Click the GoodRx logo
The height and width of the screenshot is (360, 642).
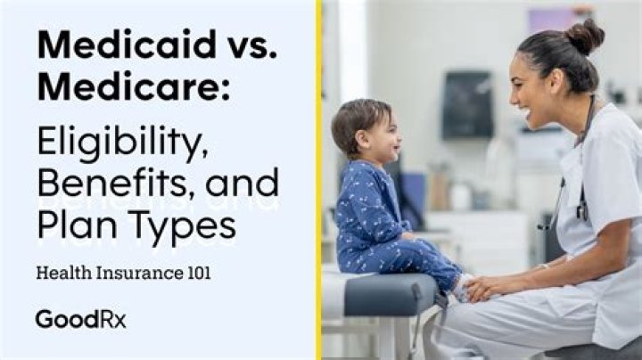click(80, 318)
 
